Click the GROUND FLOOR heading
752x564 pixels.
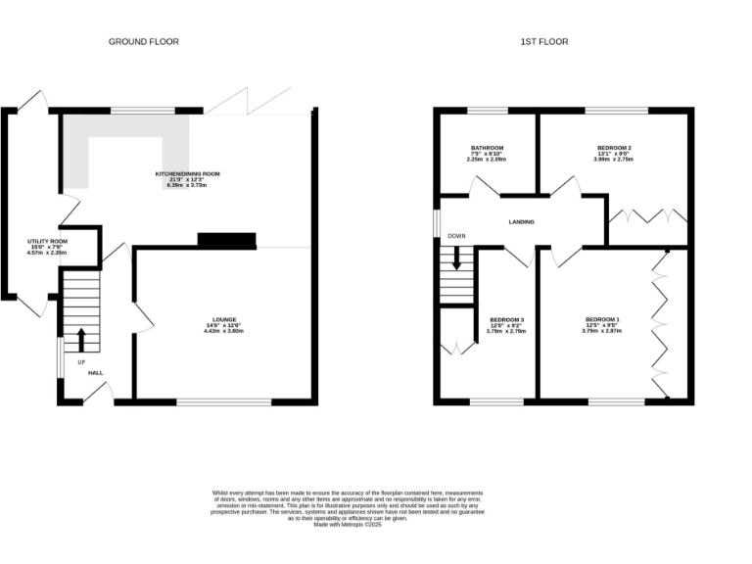(144, 42)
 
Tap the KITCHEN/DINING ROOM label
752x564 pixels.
(188, 174)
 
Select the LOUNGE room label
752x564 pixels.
(222, 319)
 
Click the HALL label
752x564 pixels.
(96, 373)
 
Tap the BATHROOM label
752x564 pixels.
(487, 148)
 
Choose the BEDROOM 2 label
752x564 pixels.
(614, 148)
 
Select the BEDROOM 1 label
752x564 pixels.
(602, 319)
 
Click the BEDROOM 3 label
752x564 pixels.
(506, 319)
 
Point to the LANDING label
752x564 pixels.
(521, 222)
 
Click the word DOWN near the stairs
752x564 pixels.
(456, 236)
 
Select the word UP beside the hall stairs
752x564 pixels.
(82, 361)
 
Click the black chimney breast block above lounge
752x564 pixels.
(226, 239)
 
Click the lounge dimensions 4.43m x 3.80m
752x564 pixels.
(222, 331)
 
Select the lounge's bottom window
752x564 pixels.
(223, 401)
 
